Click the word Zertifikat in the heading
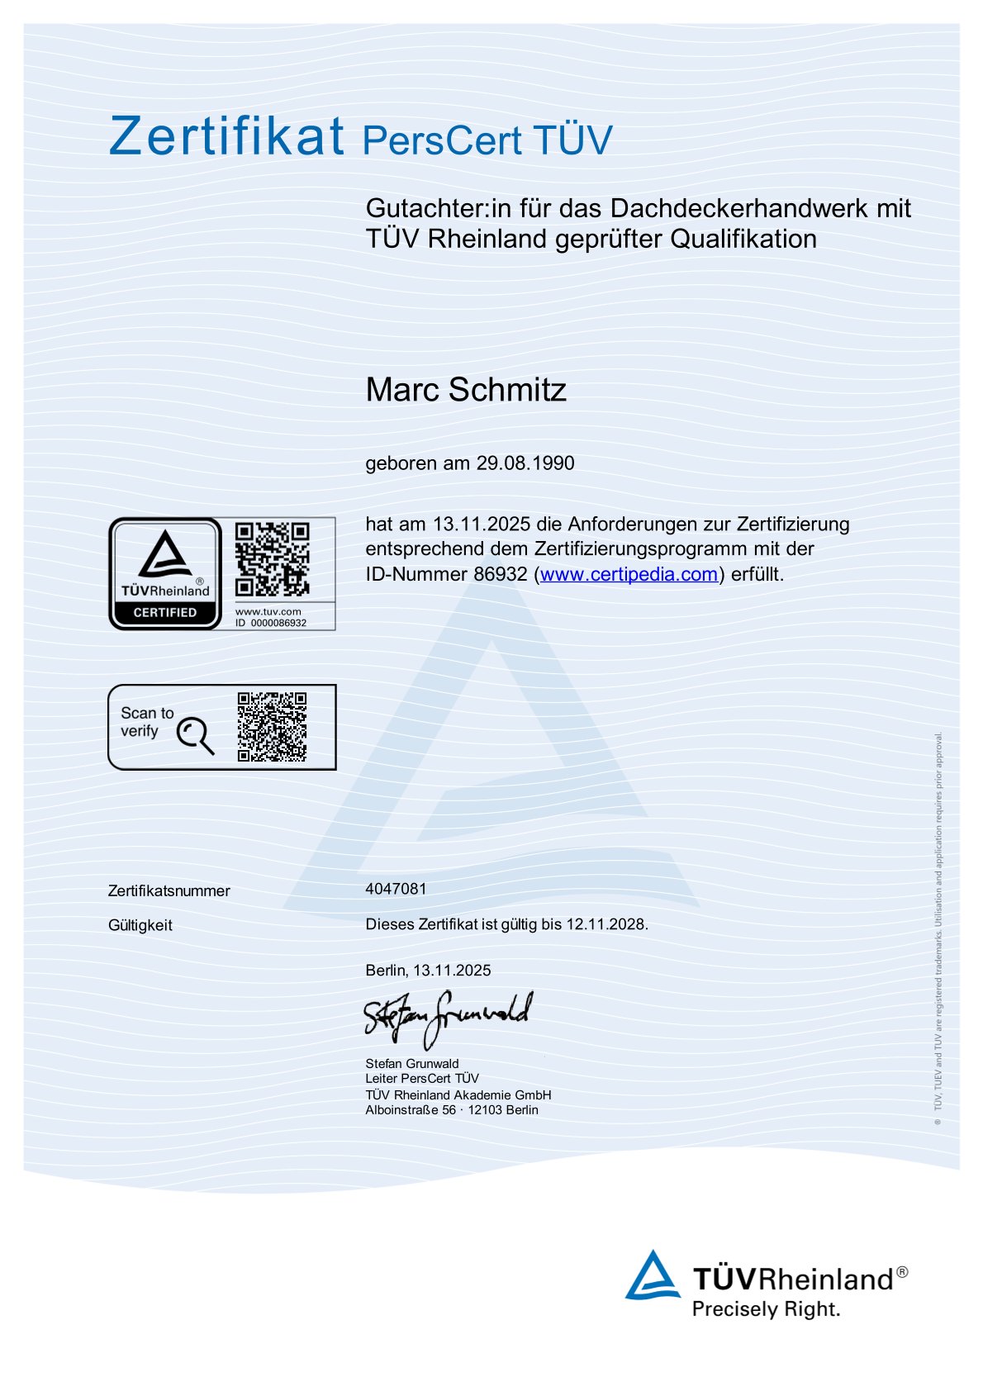point(226,136)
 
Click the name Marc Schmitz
point(466,390)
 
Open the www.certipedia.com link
point(629,574)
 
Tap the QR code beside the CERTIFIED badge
point(272,559)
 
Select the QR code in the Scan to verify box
point(272,727)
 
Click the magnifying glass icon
point(195,734)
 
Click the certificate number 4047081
point(397,889)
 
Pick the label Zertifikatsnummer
point(169,891)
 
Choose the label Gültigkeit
point(140,925)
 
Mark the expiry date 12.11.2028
point(605,924)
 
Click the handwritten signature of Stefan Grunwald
point(448,1018)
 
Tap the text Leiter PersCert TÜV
point(422,1079)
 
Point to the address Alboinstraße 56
point(411,1110)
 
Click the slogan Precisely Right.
point(766,1309)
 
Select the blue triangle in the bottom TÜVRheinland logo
point(653,1275)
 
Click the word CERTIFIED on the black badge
point(165,613)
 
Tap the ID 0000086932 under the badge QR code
point(271,624)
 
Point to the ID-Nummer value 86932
point(500,574)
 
